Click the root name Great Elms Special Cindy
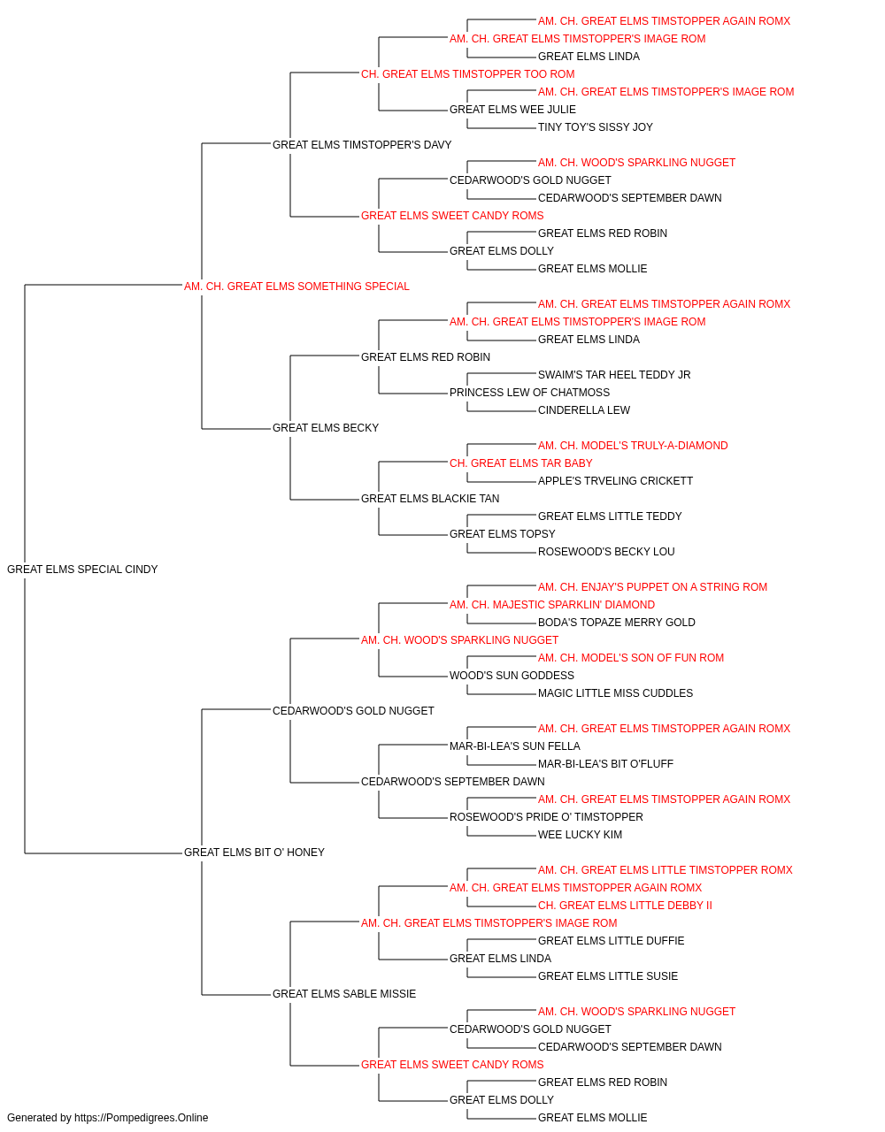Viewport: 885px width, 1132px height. (82, 570)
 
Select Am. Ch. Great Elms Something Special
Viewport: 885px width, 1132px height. (296, 287)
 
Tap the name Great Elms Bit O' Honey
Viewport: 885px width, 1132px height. (254, 853)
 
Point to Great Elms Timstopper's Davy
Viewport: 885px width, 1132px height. (362, 145)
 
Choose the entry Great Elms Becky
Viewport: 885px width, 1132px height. (326, 428)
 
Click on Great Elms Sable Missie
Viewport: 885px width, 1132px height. (344, 994)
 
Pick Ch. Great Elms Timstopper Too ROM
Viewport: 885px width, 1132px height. (467, 74)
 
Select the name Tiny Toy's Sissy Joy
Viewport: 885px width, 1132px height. (596, 127)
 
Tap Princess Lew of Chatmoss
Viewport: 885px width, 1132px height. (529, 393)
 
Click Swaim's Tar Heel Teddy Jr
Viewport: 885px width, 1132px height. (614, 375)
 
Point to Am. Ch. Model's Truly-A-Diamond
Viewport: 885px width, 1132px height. (633, 446)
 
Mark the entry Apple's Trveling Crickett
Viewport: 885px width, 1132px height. (615, 481)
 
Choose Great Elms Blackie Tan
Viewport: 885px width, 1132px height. (430, 499)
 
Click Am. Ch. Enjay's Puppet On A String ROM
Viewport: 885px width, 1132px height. (652, 587)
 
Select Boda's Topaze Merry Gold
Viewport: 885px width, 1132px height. (617, 623)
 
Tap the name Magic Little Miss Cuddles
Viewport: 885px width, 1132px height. (616, 693)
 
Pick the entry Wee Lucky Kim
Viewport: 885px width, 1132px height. (580, 835)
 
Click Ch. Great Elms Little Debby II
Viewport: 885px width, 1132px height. (625, 906)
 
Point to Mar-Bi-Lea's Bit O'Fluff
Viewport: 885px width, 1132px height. (605, 764)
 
